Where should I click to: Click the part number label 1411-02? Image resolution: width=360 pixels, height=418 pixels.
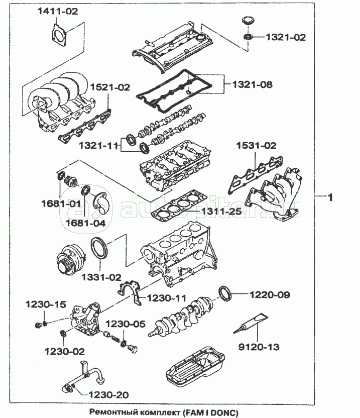[x=58, y=11]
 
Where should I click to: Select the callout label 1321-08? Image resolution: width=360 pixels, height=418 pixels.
[x=252, y=85]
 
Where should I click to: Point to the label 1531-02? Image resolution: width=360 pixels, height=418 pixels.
[x=257, y=146]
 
